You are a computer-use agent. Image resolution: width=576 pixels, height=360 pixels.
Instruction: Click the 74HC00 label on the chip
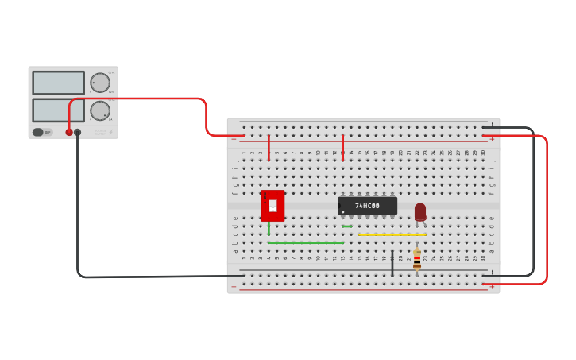pos(367,206)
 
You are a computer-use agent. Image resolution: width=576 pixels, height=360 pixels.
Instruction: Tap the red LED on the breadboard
pos(420,211)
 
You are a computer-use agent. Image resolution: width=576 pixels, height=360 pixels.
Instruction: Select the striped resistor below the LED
pos(417,259)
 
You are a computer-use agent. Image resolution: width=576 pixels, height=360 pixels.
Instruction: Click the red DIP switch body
pos(273,206)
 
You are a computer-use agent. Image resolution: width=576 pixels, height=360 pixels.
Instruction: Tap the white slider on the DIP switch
pos(273,206)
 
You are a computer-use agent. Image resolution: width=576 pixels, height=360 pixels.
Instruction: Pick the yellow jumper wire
pos(392,234)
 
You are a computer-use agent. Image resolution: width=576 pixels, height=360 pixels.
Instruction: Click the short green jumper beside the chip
pos(347,226)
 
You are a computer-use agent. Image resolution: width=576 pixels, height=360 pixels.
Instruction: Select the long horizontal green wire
pos(306,242)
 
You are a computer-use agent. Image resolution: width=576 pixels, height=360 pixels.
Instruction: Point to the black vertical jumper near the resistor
pos(392,263)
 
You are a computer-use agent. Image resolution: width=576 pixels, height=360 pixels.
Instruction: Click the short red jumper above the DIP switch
pos(269,148)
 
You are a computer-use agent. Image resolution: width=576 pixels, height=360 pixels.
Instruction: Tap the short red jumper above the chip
pos(342,148)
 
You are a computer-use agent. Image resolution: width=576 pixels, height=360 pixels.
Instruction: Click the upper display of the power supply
pos(58,83)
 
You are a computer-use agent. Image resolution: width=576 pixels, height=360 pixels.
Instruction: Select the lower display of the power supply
pos(58,110)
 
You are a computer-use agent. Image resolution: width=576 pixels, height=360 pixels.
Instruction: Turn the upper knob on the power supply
pos(100,83)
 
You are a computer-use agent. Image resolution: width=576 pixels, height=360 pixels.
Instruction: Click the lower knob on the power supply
pos(100,110)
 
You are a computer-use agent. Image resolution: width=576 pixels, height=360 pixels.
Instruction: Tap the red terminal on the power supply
pos(69,132)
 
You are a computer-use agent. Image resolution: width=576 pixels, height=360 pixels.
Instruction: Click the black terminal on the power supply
pos(78,132)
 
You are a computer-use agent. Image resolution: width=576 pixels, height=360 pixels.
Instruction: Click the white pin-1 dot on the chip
pos(343,211)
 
